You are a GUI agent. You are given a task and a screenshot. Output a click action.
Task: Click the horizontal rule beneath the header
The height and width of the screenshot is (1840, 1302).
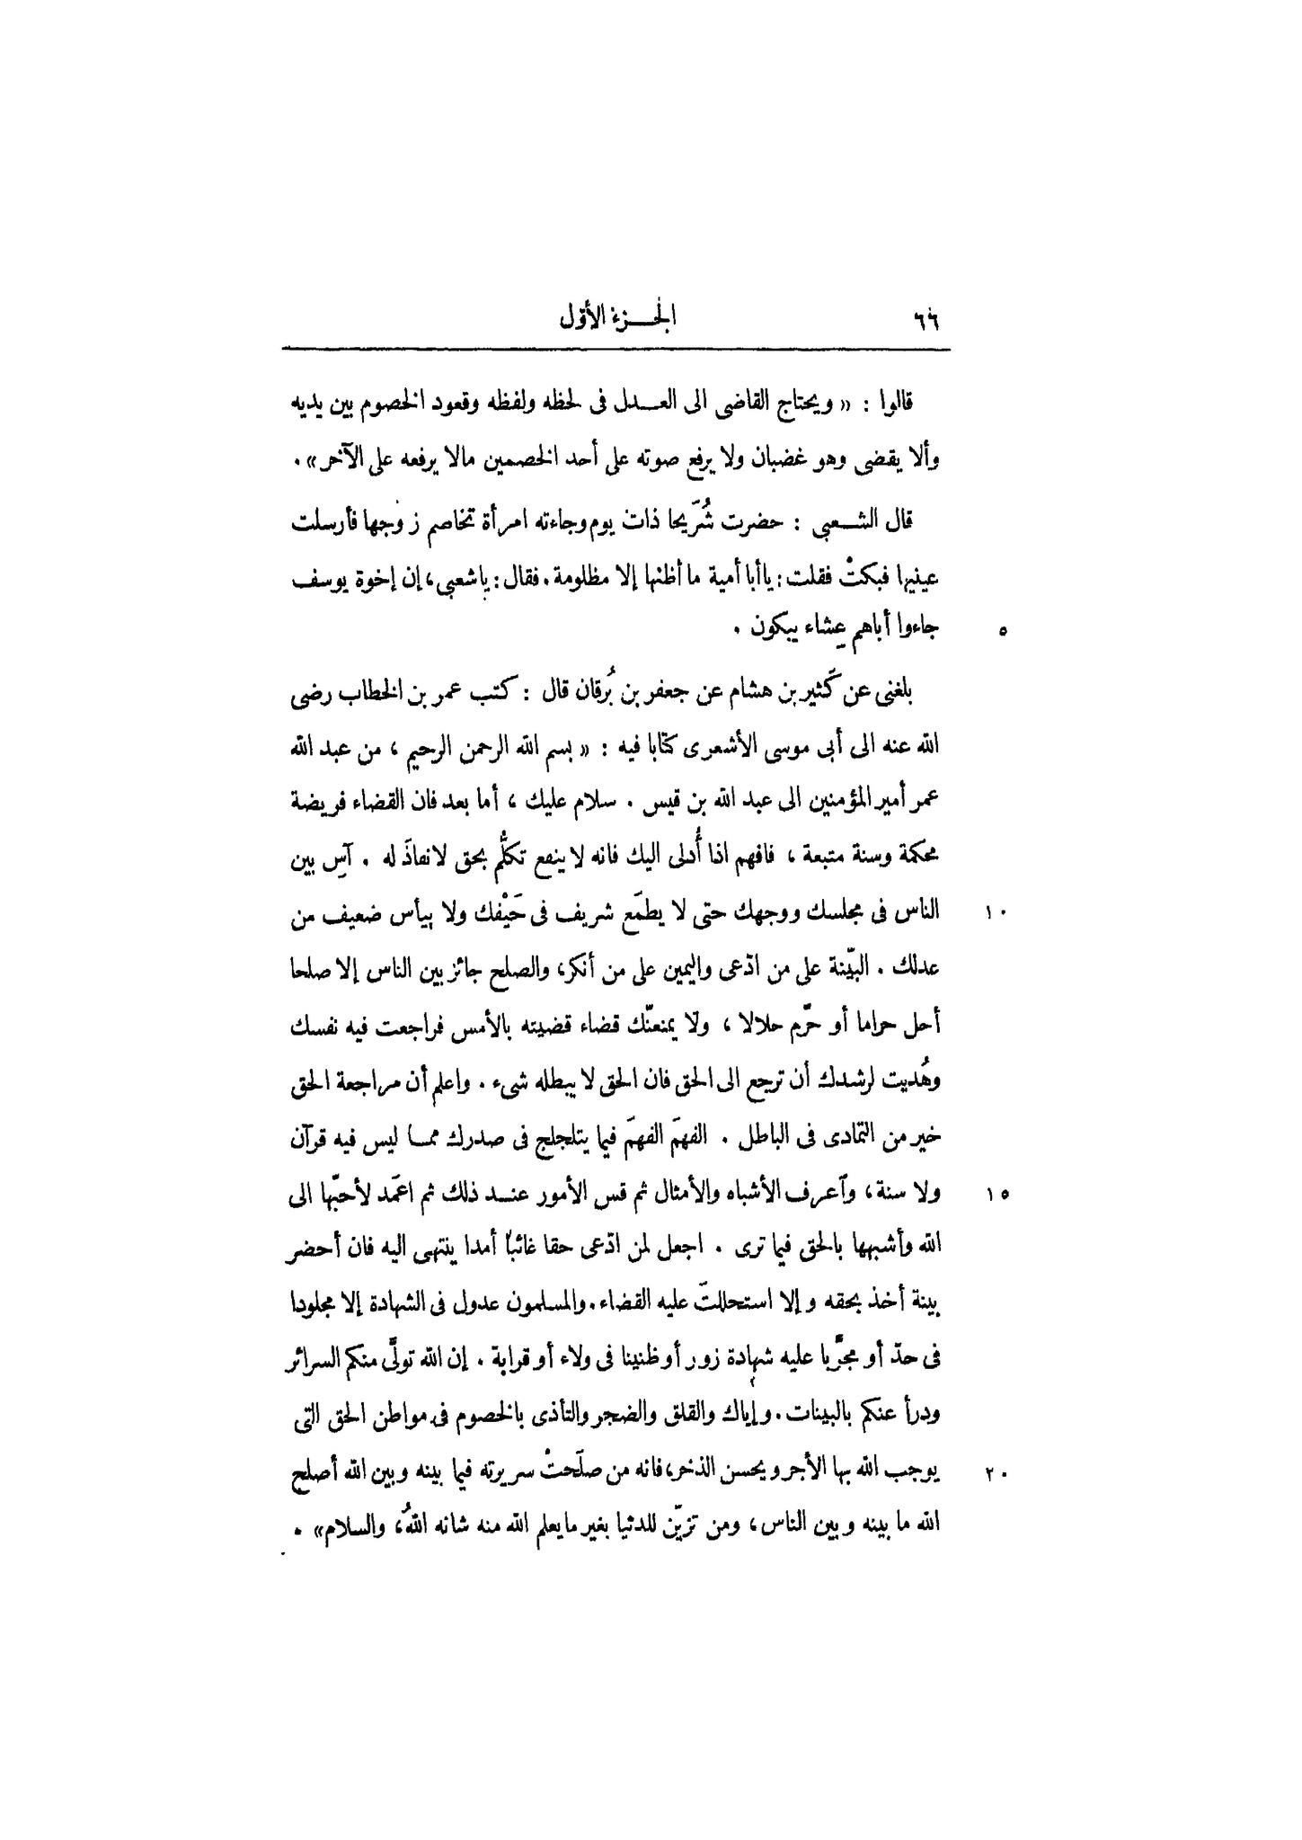pyautogui.click(x=616, y=349)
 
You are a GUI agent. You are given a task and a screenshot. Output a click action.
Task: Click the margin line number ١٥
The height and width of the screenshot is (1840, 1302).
pyautogui.click(x=999, y=1196)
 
